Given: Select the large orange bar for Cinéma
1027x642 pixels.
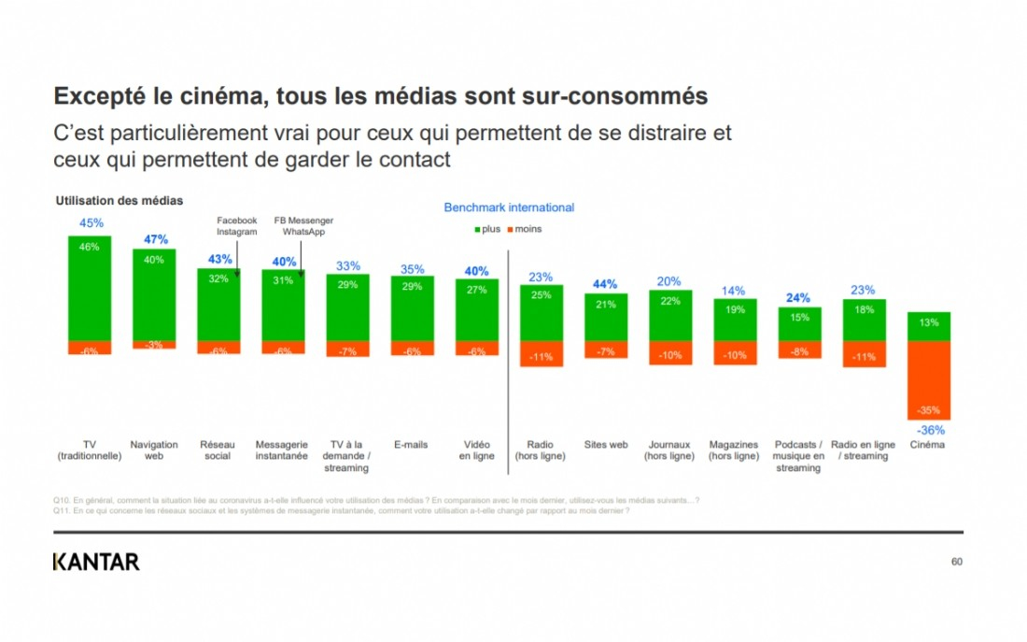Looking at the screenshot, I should (x=929, y=380).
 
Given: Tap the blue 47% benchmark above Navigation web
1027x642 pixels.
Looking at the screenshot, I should (x=155, y=239).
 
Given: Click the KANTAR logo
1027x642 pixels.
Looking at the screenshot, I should (x=96, y=562).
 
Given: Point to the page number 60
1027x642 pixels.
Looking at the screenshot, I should (x=956, y=562).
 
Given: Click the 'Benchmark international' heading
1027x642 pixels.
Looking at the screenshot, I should (x=509, y=207).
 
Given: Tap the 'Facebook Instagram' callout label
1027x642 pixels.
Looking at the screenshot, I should (x=236, y=226).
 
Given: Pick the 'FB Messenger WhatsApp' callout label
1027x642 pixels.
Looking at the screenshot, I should (x=302, y=226).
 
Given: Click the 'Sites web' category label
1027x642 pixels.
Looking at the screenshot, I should (x=606, y=445).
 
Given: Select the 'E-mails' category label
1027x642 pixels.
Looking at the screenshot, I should (x=411, y=445).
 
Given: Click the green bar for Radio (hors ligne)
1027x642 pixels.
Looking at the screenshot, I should (x=542, y=312).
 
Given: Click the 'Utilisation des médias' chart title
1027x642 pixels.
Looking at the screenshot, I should (x=120, y=200).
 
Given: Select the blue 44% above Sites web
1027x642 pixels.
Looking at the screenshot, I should (x=606, y=284).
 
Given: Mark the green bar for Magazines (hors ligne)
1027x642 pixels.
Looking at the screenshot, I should (x=735, y=320).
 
